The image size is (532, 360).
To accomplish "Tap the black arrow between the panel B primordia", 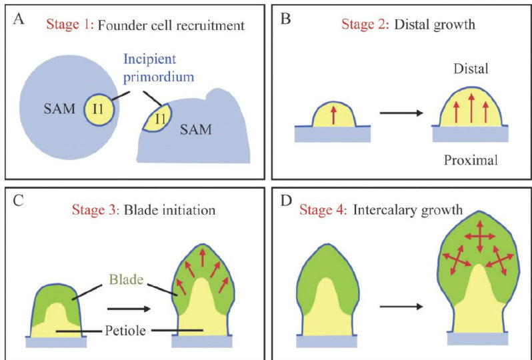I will pyautogui.click(x=400, y=113).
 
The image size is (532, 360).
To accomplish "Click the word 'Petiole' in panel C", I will pyautogui.click(x=127, y=330).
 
